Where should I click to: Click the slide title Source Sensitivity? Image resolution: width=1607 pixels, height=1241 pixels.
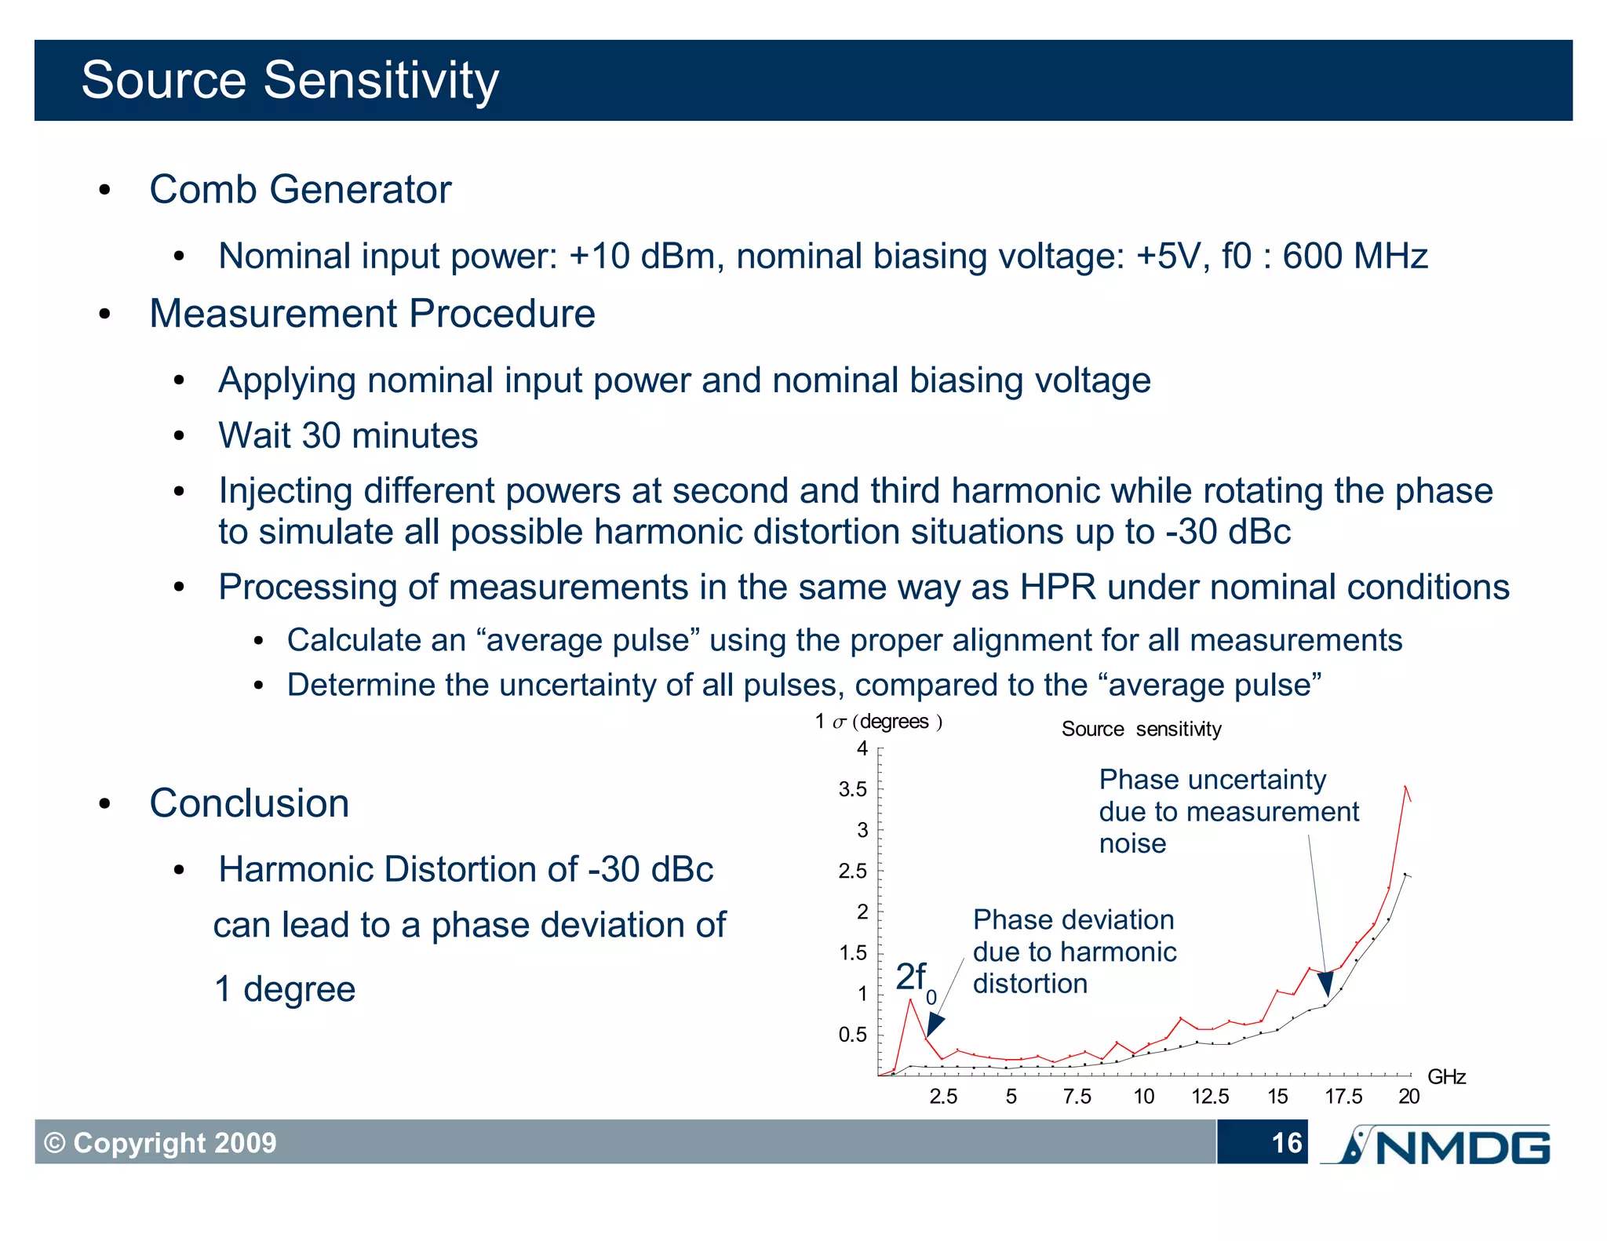pos(290,80)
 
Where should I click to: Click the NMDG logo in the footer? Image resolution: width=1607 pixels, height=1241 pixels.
pos(1435,1145)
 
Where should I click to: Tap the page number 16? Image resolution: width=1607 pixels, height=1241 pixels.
pos(1287,1143)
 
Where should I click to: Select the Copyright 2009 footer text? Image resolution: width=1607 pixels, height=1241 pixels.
pos(160,1143)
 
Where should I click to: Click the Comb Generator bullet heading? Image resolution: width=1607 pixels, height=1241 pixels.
pos(301,189)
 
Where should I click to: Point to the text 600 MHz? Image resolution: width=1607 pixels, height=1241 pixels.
pos(1355,256)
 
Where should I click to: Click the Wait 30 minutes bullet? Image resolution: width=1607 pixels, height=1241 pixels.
pos(348,435)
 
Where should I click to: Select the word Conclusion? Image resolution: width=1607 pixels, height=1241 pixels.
pos(250,802)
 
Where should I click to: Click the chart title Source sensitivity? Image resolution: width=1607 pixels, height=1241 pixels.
pos(1142,729)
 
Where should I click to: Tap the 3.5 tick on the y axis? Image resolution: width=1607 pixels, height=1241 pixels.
pos(853,789)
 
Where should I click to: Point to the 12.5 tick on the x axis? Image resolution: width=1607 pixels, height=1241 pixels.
pos(1210,1097)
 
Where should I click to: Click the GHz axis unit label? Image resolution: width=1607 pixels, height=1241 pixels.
pos(1446,1076)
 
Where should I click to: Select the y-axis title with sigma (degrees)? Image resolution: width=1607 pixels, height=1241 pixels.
pos(879,722)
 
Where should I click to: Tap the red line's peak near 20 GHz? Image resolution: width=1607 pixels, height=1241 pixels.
pos(1405,786)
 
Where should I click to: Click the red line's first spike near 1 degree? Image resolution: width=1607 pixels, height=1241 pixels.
pos(910,999)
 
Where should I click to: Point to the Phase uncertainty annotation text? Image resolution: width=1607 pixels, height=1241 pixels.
pos(1229,811)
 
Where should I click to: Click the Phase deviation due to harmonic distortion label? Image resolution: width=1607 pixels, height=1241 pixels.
pos(1075,952)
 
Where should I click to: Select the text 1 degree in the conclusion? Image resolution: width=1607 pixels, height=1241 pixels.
pos(285,988)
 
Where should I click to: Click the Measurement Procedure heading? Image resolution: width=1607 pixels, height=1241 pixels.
pos(373,314)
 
